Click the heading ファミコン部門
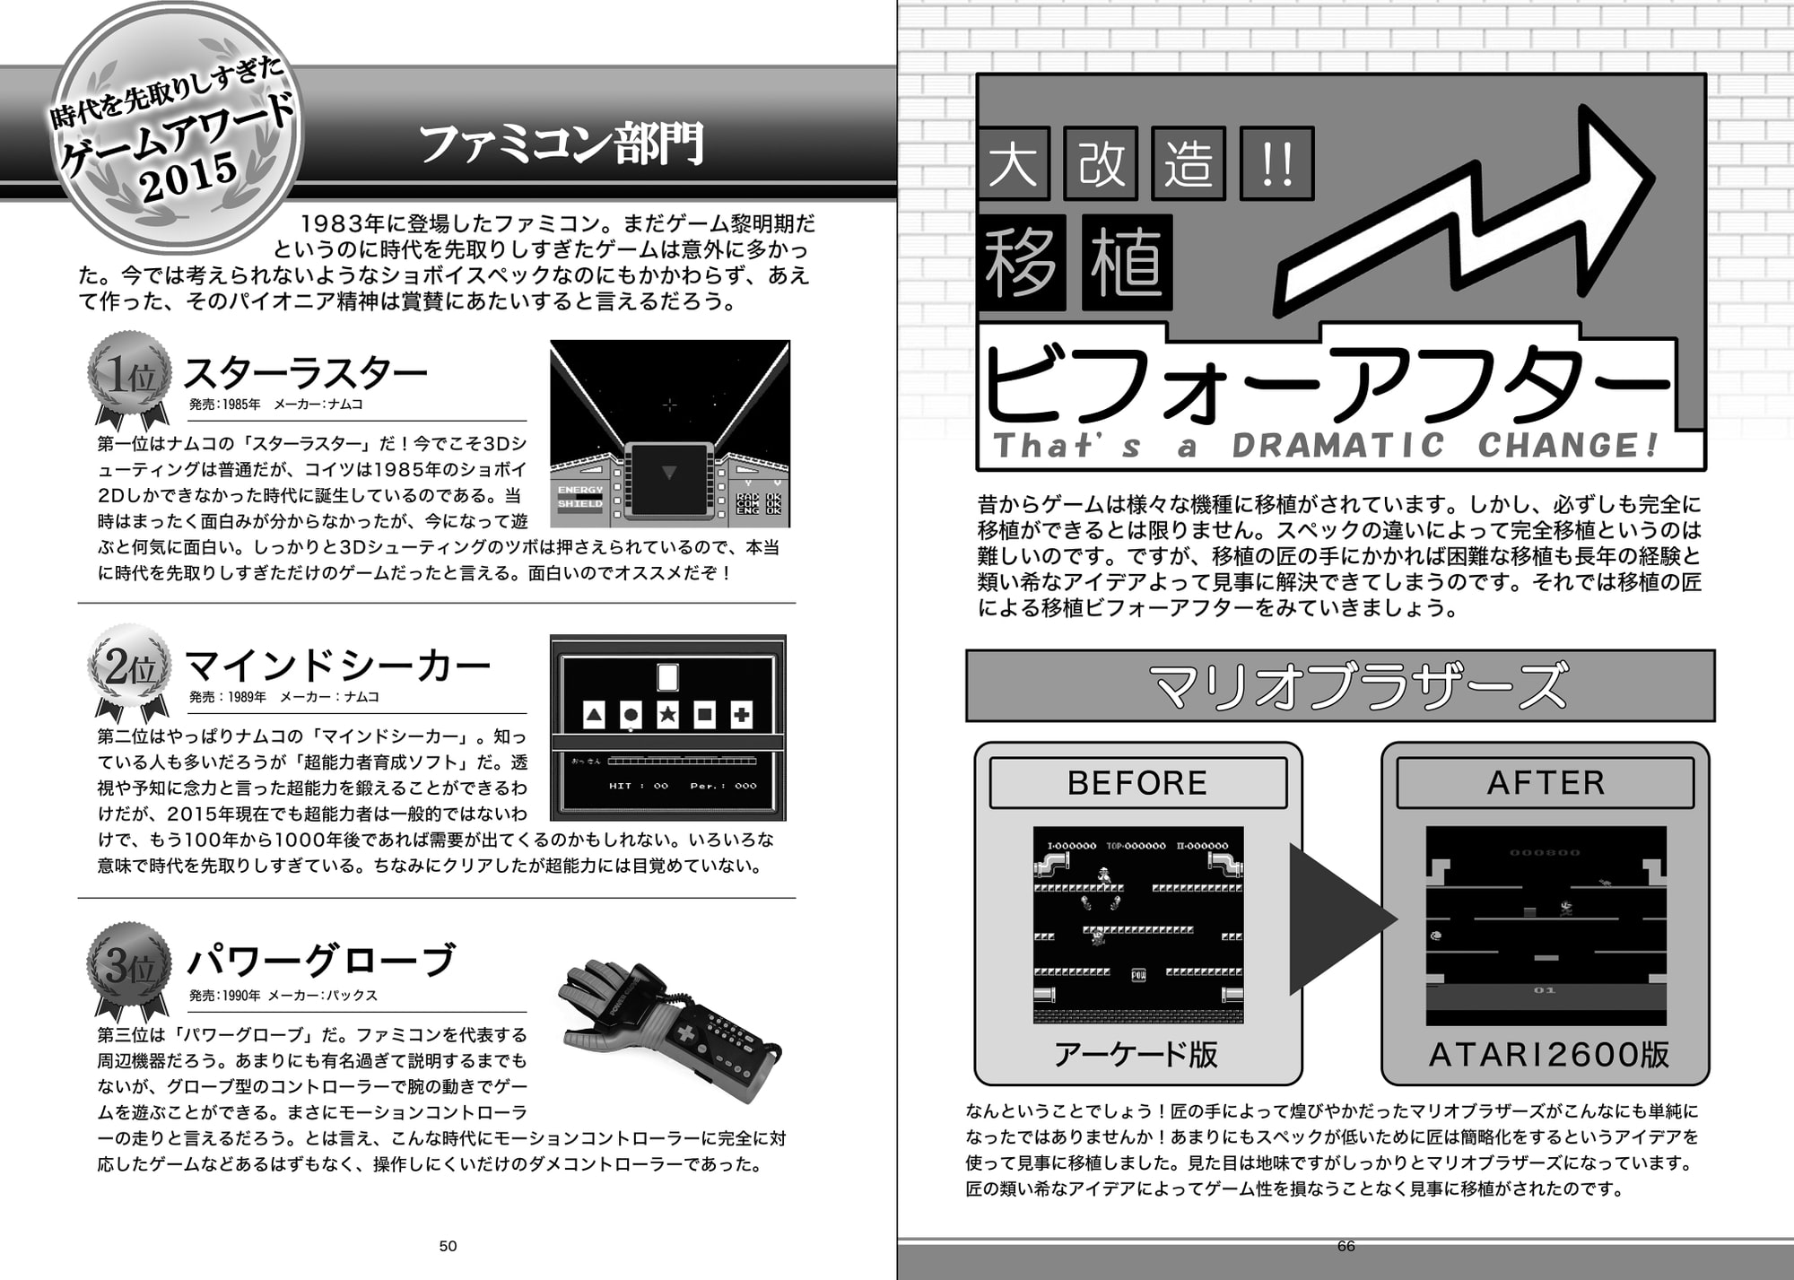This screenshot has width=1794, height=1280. click(x=562, y=144)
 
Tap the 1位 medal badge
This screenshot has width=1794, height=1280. click(x=130, y=375)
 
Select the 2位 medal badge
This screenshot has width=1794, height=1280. click(x=130, y=668)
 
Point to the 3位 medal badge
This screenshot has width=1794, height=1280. click(x=130, y=966)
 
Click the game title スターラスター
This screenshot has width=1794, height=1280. click(x=305, y=373)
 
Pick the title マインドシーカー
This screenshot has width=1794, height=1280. click(x=337, y=666)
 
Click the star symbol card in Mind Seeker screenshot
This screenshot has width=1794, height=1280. click(x=667, y=715)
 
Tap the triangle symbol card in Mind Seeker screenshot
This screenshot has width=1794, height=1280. click(x=594, y=715)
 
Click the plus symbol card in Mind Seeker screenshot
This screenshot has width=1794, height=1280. click(x=741, y=715)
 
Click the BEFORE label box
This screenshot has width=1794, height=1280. click(x=1137, y=783)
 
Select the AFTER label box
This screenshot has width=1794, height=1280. click(x=1545, y=783)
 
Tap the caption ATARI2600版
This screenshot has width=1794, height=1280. click(x=1548, y=1055)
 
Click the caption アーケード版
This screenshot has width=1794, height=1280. click(x=1136, y=1054)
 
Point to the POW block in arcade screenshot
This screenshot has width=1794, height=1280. click(x=1138, y=975)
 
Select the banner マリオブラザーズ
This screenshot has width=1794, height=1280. click(x=1340, y=686)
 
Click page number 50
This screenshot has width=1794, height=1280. click(x=448, y=1246)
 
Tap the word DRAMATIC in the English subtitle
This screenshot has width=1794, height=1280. click(x=1338, y=446)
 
